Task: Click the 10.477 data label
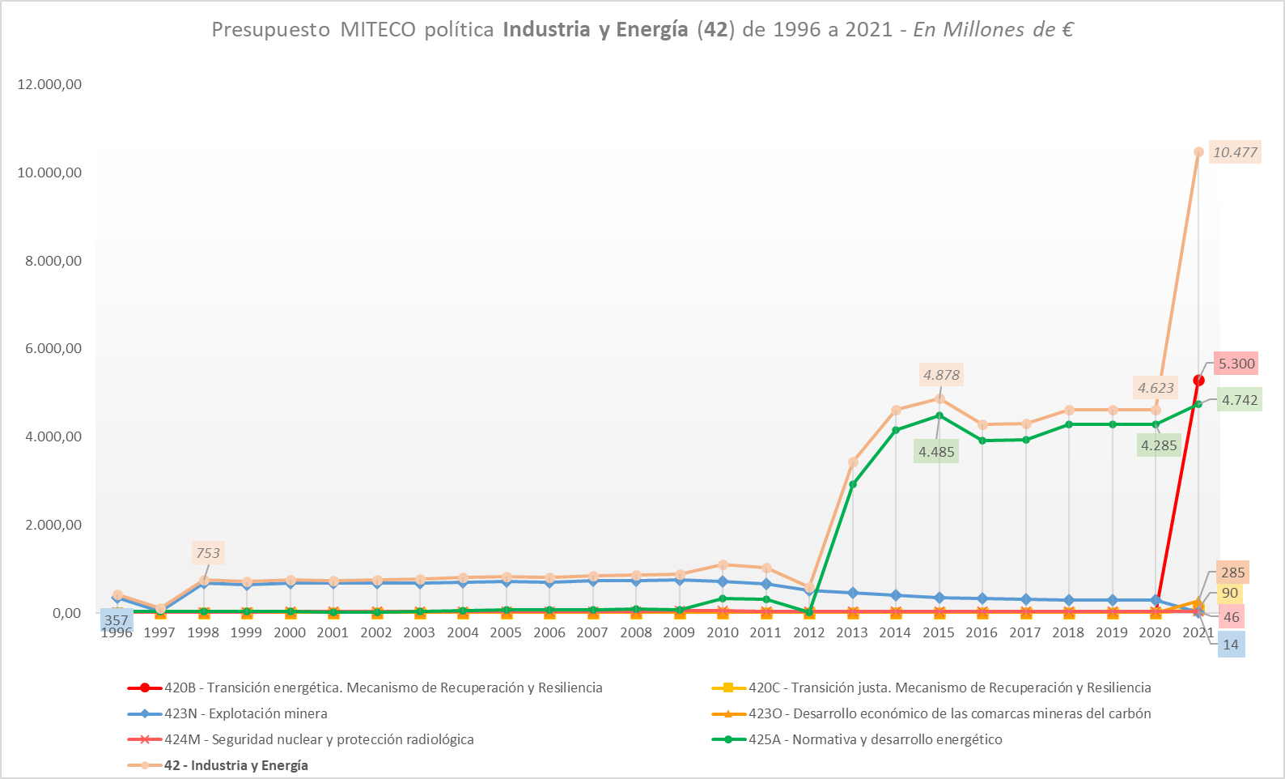coord(1234,152)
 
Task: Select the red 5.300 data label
coord(1236,364)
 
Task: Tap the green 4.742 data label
coord(1239,400)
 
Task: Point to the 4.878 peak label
coord(941,375)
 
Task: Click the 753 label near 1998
coord(208,553)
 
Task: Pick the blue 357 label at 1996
coord(117,621)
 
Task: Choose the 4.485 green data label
coord(936,452)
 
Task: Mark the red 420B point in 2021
coord(1198,380)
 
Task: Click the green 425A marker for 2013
coord(853,484)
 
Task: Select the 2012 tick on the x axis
coord(808,632)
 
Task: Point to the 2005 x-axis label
coord(506,632)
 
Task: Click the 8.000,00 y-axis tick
coord(49,261)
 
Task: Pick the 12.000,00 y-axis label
coord(49,84)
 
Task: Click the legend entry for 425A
coord(875,739)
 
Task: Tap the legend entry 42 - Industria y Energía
coord(235,765)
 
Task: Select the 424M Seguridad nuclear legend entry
coord(319,739)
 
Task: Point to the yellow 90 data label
coord(1229,594)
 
